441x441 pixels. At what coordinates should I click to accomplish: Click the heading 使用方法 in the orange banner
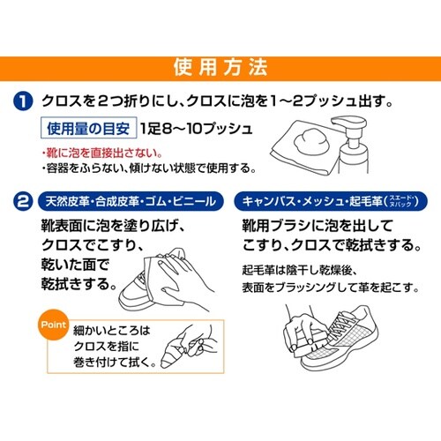[220, 67]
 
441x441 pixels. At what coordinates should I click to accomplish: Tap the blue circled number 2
[25, 201]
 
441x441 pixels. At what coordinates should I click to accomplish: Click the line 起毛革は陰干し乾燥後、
[300, 270]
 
